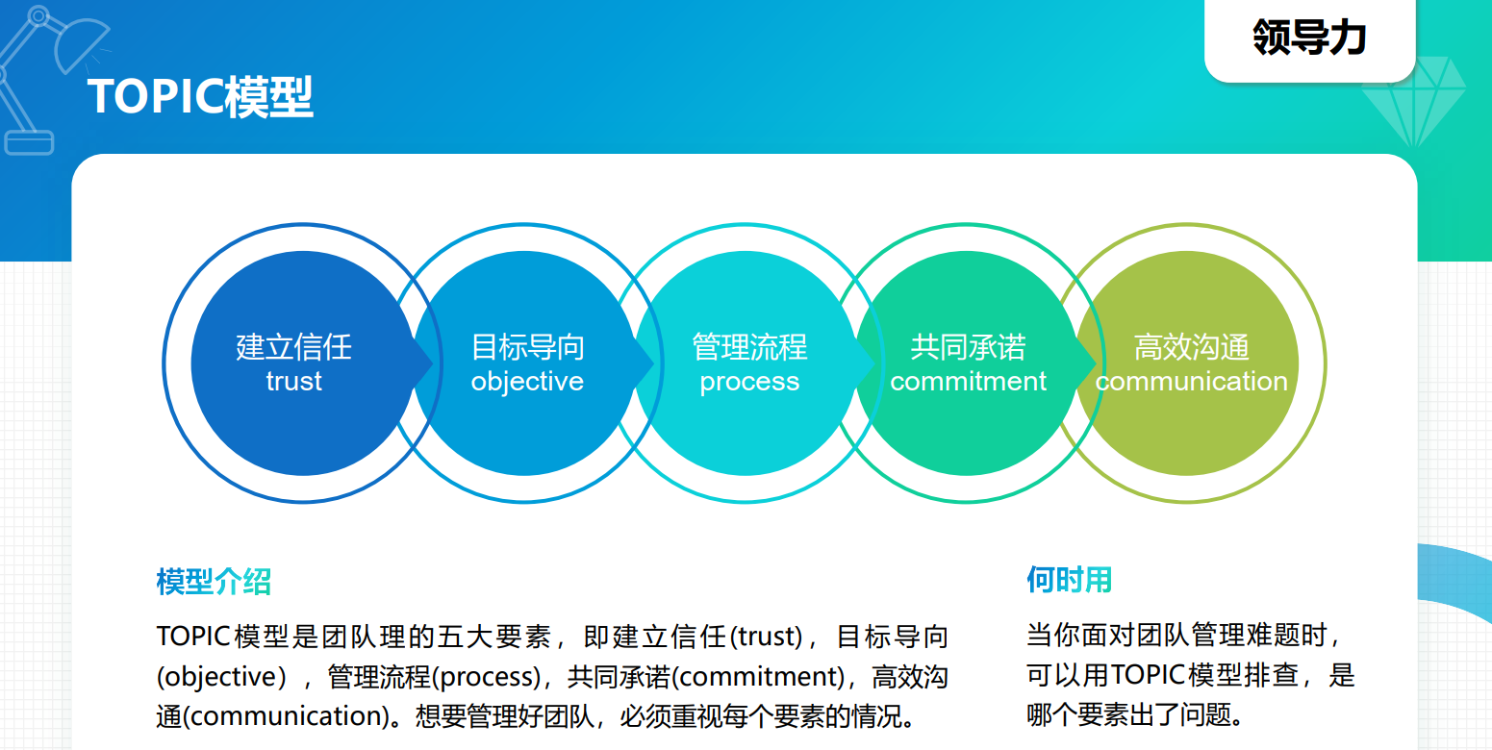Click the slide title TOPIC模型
(200, 97)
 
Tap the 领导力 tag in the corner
(1309, 37)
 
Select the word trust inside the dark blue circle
(293, 382)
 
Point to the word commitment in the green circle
(968, 382)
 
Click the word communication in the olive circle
(1191, 382)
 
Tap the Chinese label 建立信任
(293, 347)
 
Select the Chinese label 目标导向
(527, 347)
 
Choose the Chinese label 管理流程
(749, 347)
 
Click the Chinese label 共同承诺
(968, 347)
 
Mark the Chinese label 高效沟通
(1191, 347)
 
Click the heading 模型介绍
(214, 582)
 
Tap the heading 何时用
(1069, 580)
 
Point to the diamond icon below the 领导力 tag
(1413, 101)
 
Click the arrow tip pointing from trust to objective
(433, 363)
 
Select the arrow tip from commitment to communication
(1097, 363)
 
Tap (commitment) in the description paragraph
(758, 677)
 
